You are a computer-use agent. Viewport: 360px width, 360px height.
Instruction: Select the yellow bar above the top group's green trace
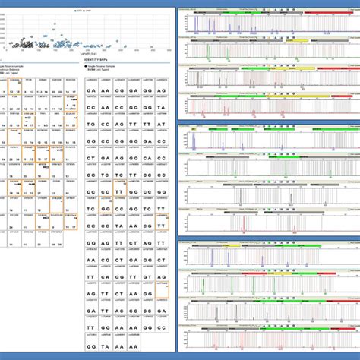click(299, 39)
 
